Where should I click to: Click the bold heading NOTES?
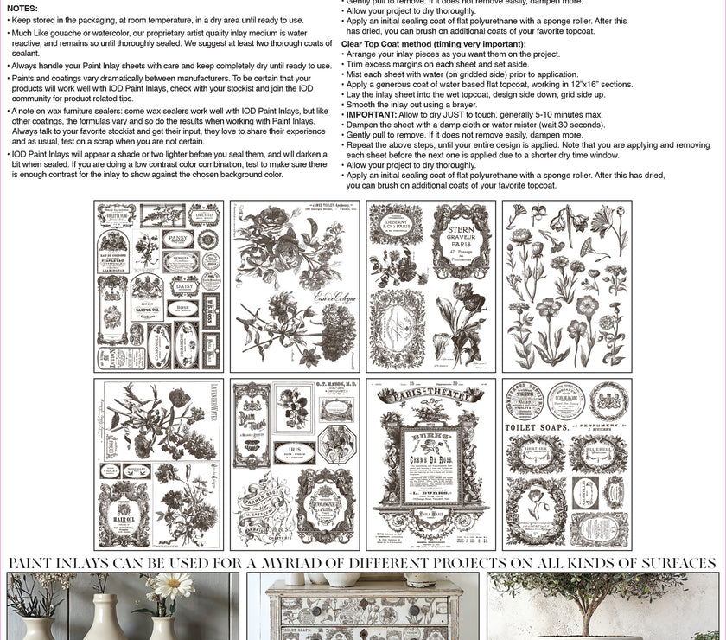click(22, 8)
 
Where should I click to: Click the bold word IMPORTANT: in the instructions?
click(371, 114)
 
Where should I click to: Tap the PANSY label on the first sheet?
click(177, 238)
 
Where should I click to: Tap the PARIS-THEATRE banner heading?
click(430, 396)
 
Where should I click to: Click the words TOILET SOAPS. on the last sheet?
click(538, 426)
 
